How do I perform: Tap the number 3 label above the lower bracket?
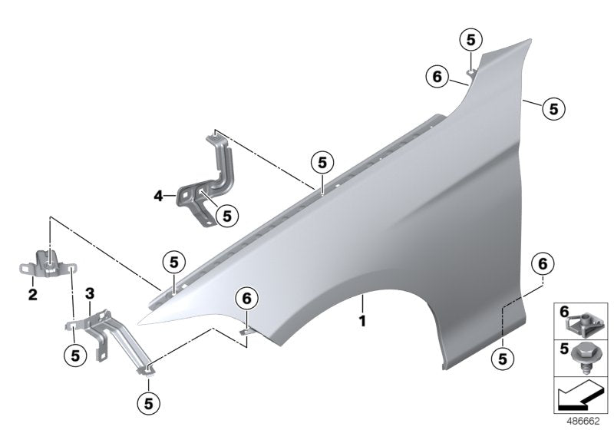click(90, 293)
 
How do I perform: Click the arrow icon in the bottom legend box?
click(580, 398)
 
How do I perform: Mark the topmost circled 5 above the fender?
click(470, 40)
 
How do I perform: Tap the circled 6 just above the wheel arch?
click(247, 297)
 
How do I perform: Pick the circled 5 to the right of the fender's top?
click(553, 108)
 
